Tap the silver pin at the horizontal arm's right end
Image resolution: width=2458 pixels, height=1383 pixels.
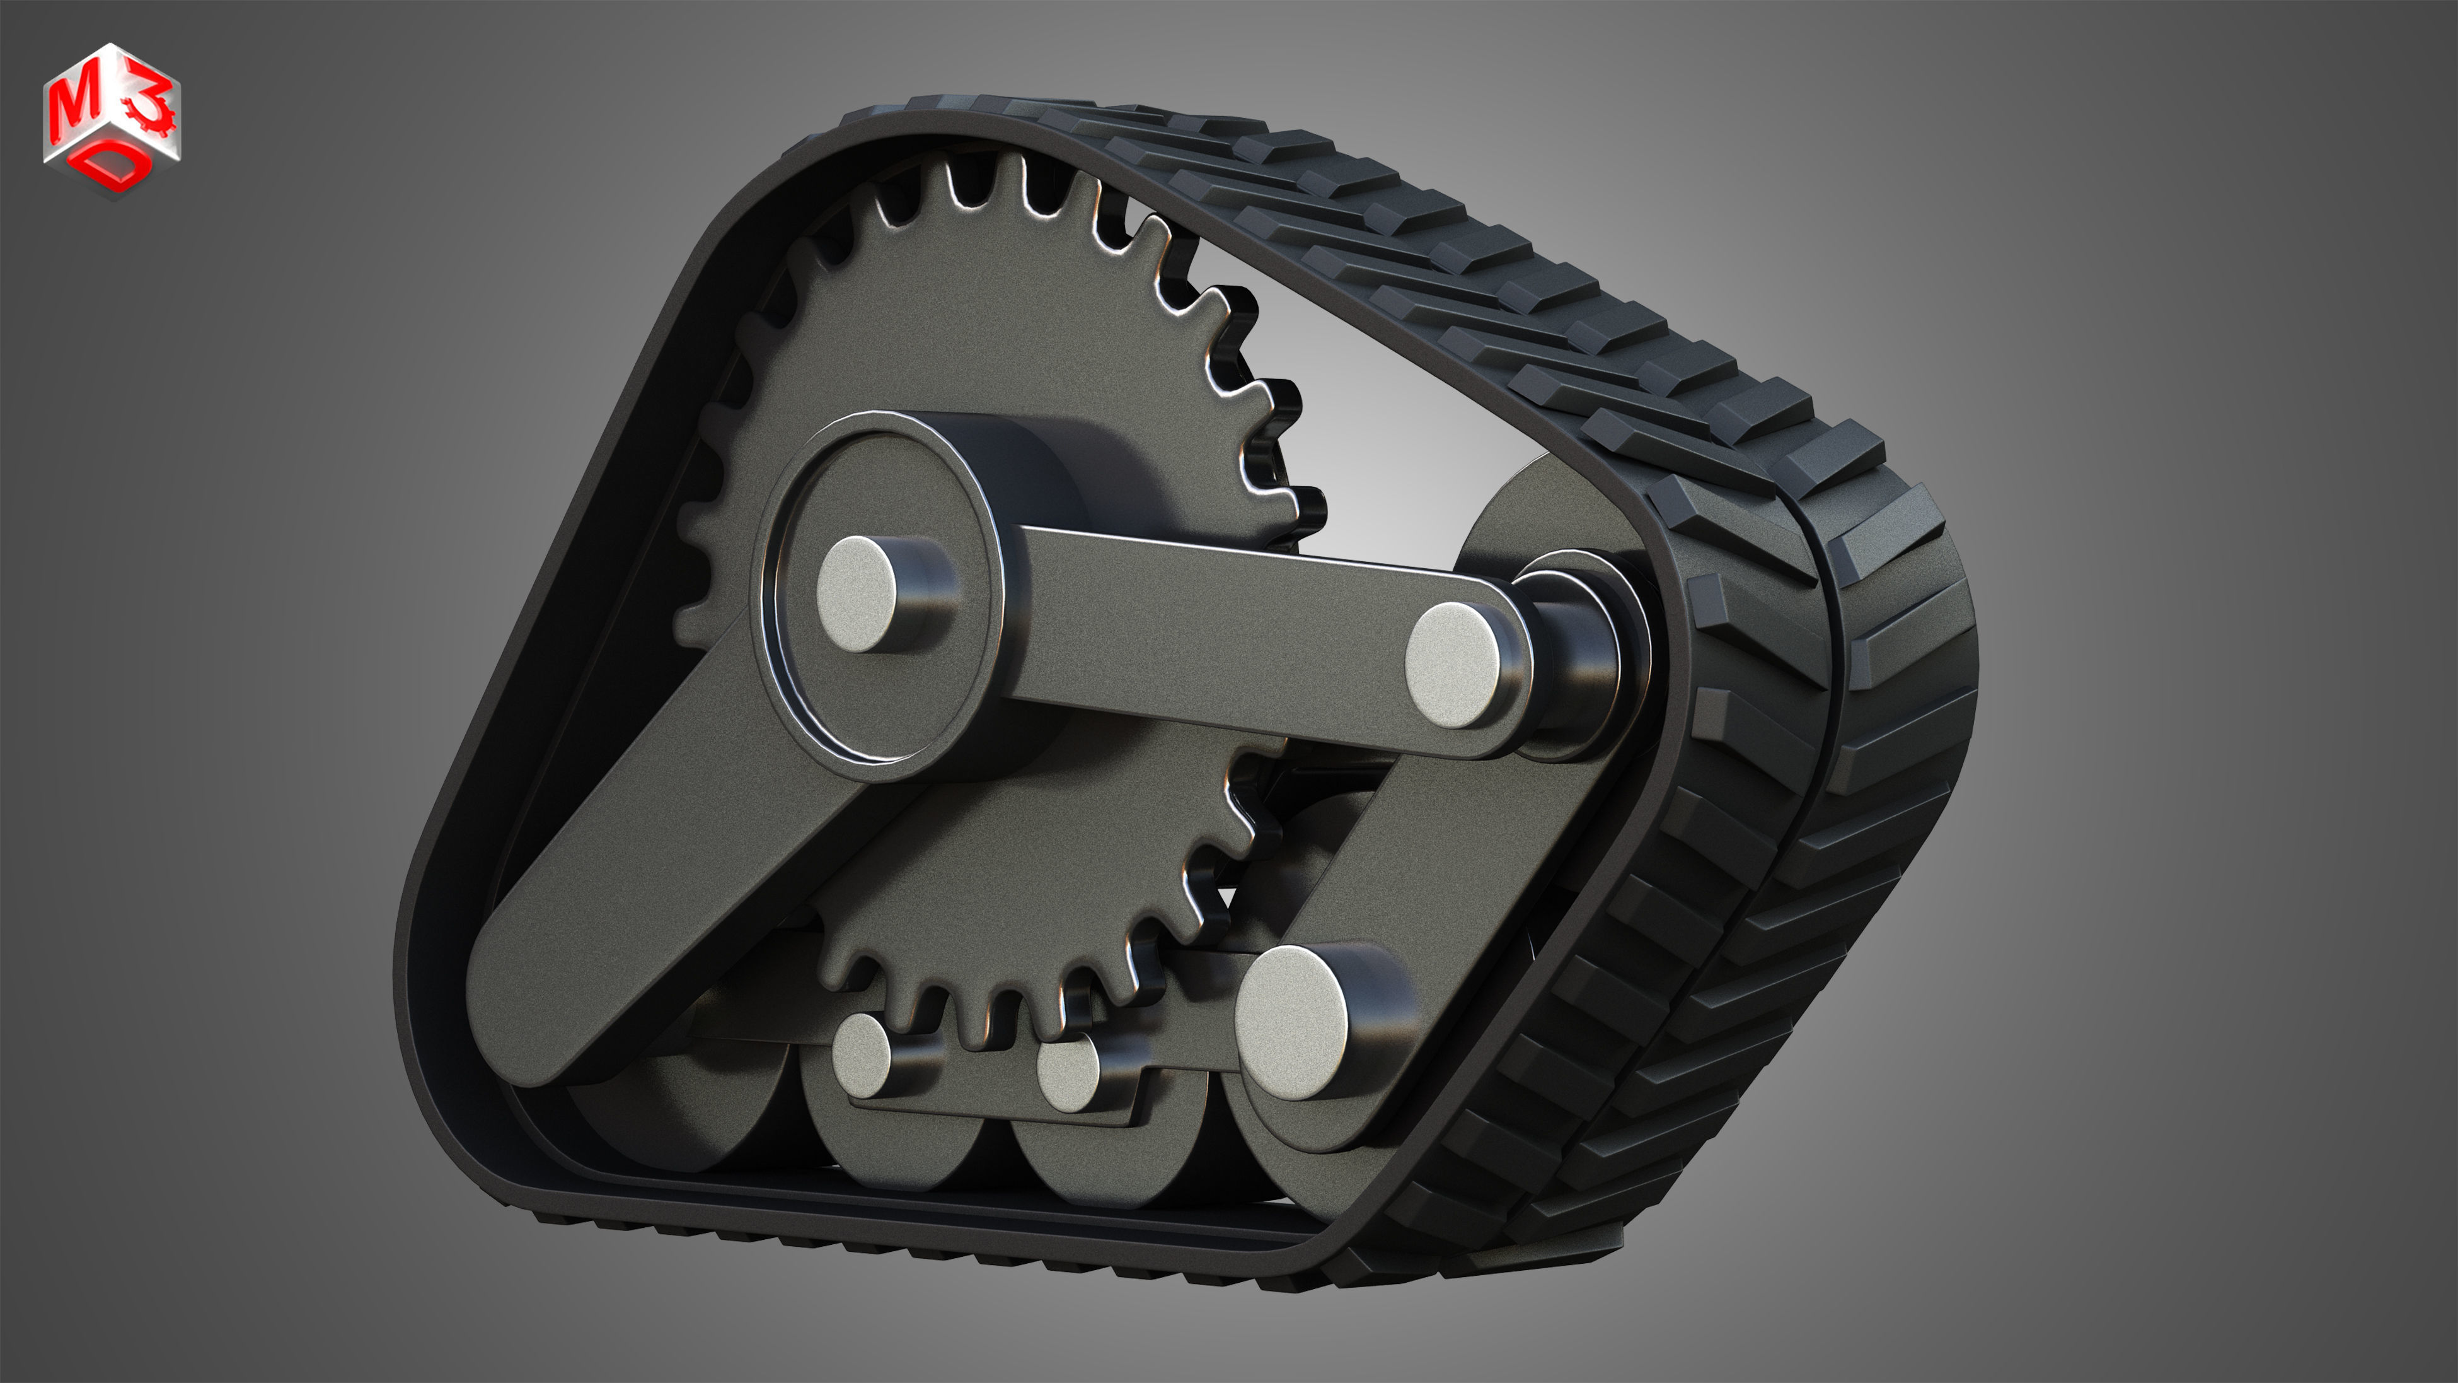coord(1454,664)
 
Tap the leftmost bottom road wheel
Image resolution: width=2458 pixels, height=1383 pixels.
coord(668,1126)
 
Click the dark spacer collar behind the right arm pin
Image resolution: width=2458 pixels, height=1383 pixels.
coord(1574,658)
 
